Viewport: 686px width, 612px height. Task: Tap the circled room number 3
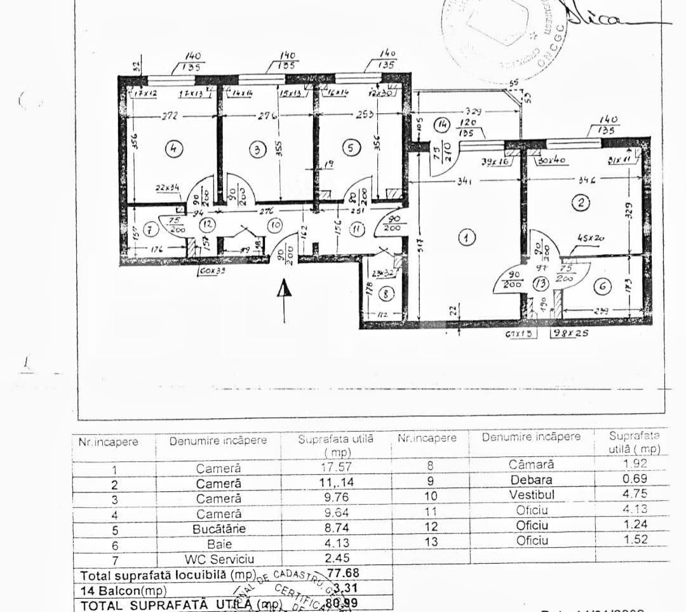coord(257,150)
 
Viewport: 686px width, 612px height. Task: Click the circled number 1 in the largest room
coord(467,238)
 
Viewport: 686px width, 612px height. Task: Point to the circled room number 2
coord(580,203)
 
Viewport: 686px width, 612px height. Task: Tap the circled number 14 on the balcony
coord(442,124)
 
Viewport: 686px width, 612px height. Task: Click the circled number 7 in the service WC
coord(151,228)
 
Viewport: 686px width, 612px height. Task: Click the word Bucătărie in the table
coord(219,528)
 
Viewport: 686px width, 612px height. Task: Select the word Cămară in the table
coord(531,465)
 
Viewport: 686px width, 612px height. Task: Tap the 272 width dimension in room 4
coord(170,116)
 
